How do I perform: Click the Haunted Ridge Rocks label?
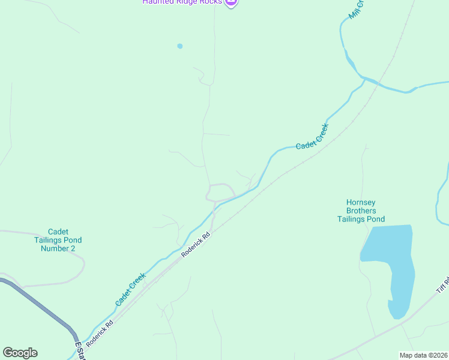tap(182, 2)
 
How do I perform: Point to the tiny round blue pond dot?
tap(179, 46)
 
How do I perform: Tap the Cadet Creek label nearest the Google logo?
tap(130, 290)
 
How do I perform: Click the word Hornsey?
tap(361, 203)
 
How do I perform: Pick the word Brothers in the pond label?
tap(361, 211)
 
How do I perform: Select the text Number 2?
tap(61, 248)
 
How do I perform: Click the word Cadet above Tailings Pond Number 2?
tap(59, 232)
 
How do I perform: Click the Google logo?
tap(20, 353)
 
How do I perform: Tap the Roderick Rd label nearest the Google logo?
tap(99, 335)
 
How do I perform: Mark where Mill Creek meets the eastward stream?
tap(364, 78)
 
